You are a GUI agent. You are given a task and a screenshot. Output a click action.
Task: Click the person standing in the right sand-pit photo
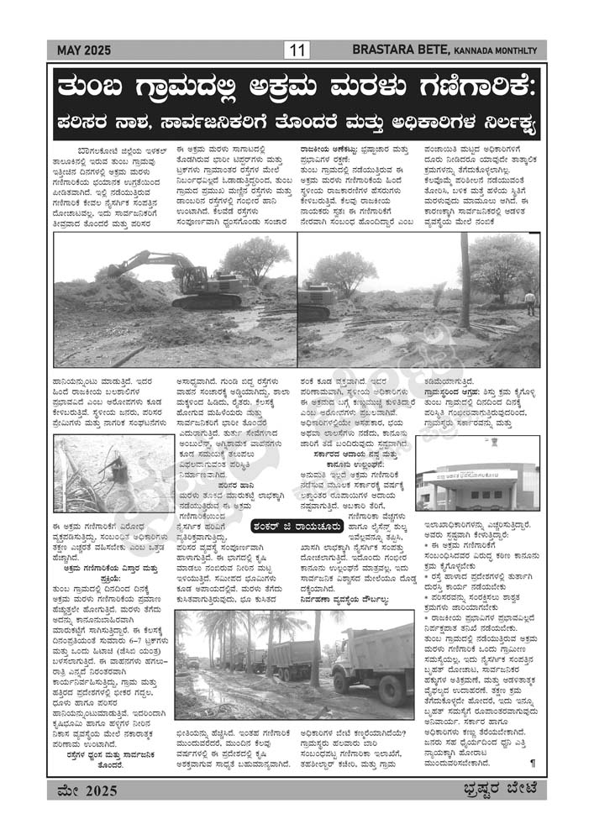point(529,302)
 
